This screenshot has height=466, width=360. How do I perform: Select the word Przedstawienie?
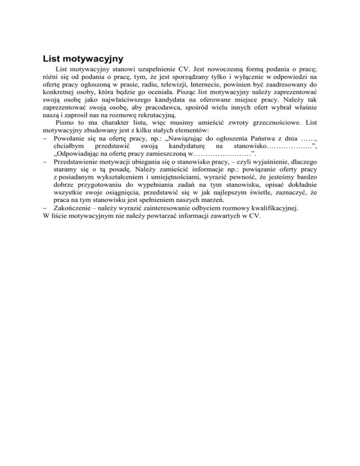click(77, 166)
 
